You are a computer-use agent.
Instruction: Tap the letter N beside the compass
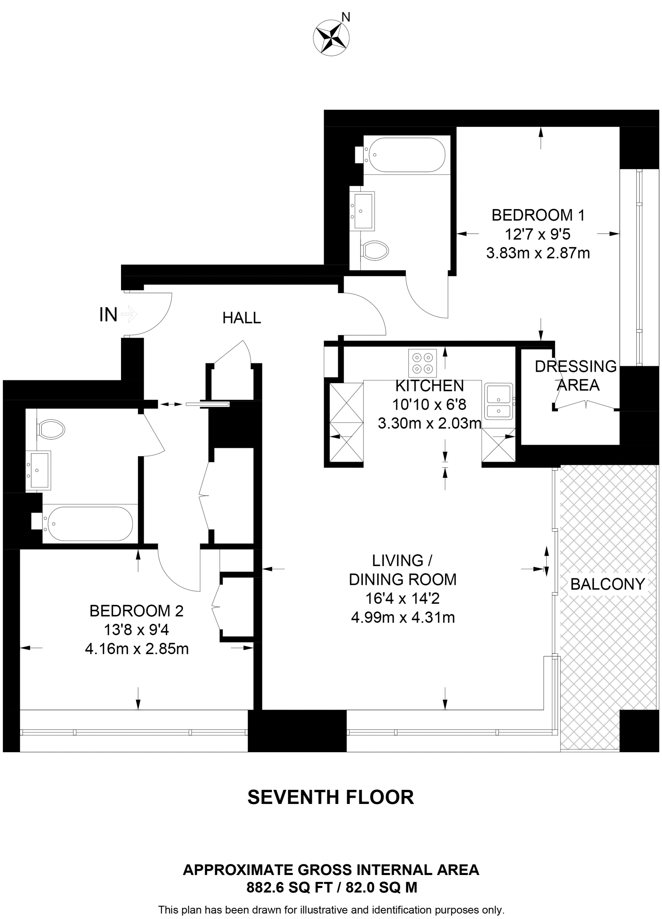click(346, 17)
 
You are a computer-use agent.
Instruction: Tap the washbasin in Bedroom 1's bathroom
click(363, 211)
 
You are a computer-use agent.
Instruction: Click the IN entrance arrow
click(129, 314)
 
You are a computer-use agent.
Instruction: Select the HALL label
click(241, 318)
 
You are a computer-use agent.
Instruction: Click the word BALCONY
click(607, 584)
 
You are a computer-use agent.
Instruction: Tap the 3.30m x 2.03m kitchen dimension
click(429, 424)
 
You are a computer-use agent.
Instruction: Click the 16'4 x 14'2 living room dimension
click(402, 599)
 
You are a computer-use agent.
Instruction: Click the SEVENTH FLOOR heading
click(330, 797)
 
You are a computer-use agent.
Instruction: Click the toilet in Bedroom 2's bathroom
click(51, 429)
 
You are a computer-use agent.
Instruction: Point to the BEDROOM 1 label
click(538, 215)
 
